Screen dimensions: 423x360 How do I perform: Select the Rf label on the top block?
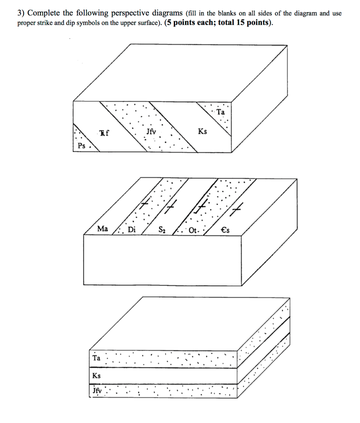pyautogui.click(x=104, y=133)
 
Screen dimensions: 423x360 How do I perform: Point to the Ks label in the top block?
pyautogui.click(x=202, y=132)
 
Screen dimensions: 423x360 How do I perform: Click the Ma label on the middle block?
pyautogui.click(x=102, y=228)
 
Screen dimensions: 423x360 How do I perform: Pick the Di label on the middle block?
pyautogui.click(x=131, y=230)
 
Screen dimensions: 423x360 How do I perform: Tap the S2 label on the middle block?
pyautogui.click(x=162, y=230)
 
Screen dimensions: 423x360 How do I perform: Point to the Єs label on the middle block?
pyautogui.click(x=225, y=230)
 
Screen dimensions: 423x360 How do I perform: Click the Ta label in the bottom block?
pyautogui.click(x=96, y=358)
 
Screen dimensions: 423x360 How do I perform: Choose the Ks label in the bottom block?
pyautogui.click(x=96, y=376)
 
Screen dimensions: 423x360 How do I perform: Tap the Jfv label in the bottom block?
pyautogui.click(x=97, y=391)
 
